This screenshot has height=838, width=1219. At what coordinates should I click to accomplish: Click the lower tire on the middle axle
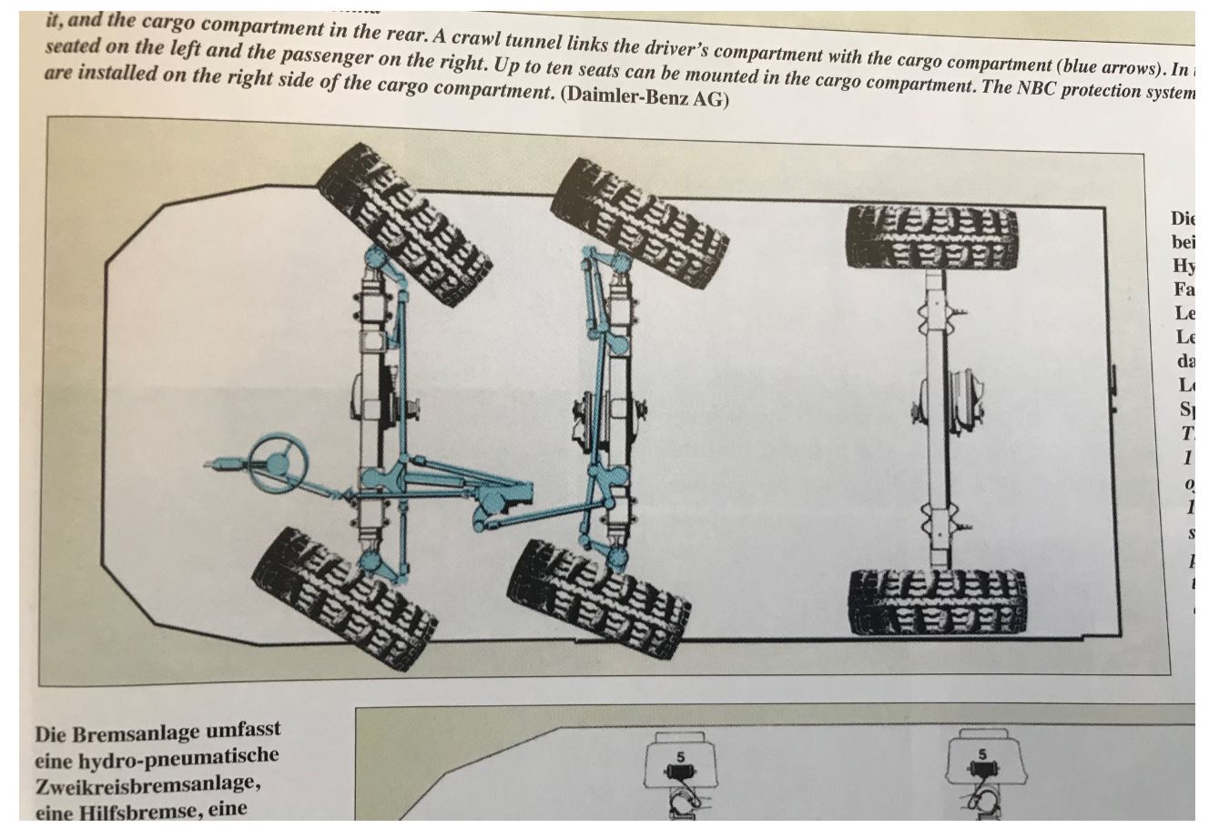point(598,595)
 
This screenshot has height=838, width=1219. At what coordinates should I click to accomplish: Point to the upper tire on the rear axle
point(930,238)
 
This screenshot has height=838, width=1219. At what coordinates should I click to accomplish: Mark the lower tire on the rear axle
point(939,602)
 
